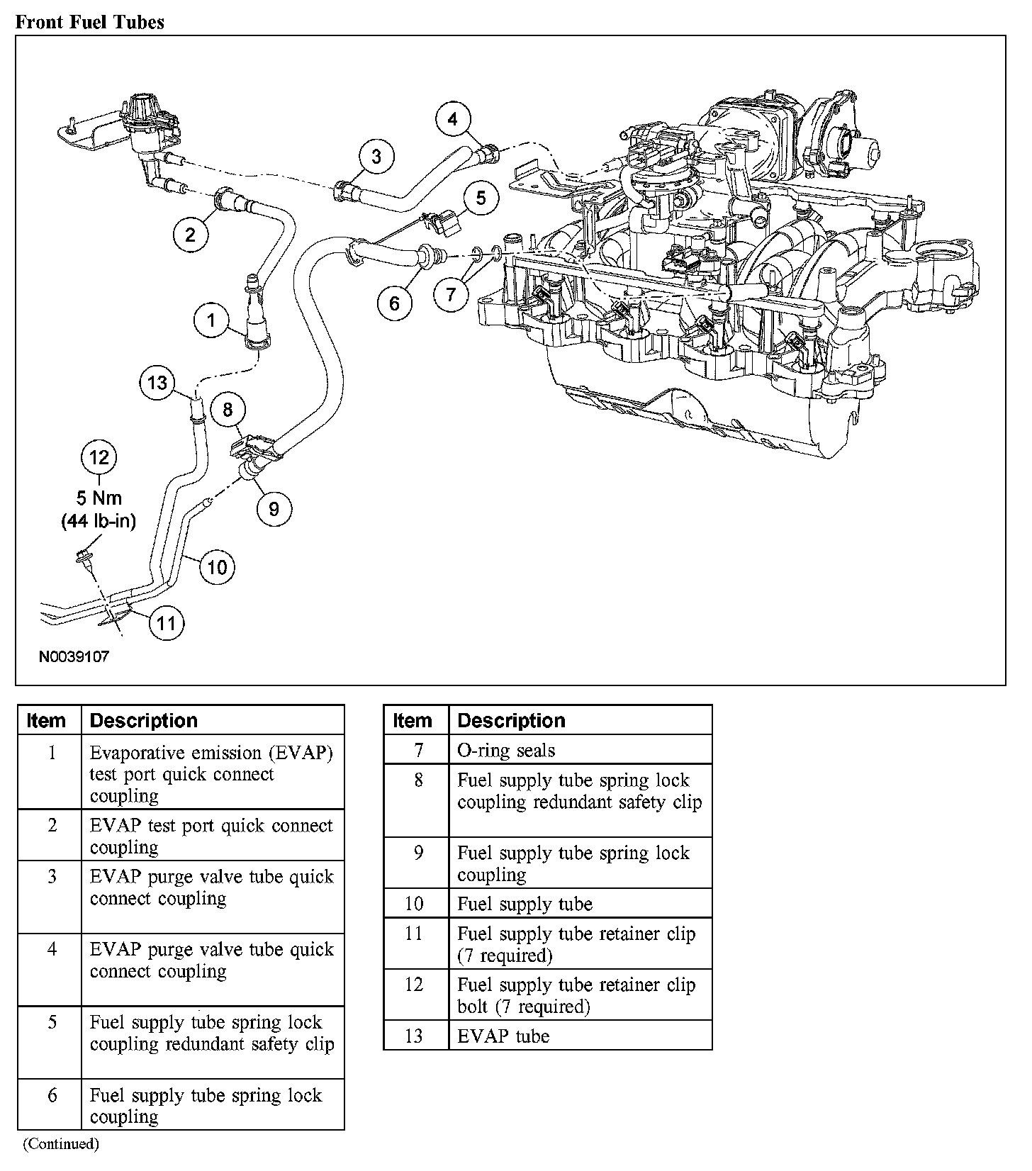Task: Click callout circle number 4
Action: tap(452, 119)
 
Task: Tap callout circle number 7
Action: tap(451, 293)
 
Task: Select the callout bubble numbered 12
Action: tap(99, 457)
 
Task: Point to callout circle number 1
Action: tap(211, 321)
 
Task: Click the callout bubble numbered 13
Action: tap(157, 383)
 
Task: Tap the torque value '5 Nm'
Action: tap(99, 498)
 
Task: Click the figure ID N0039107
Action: tap(74, 656)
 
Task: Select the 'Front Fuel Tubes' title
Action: tap(89, 22)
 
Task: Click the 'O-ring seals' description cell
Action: tap(506, 750)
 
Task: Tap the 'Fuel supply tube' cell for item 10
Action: tap(525, 904)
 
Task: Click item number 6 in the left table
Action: tap(52, 1095)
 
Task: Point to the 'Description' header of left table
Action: tap(144, 720)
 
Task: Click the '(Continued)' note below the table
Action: tap(61, 1143)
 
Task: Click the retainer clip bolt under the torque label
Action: tap(84, 558)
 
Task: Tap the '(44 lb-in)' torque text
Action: tap(99, 521)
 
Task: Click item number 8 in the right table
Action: tap(418, 780)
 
